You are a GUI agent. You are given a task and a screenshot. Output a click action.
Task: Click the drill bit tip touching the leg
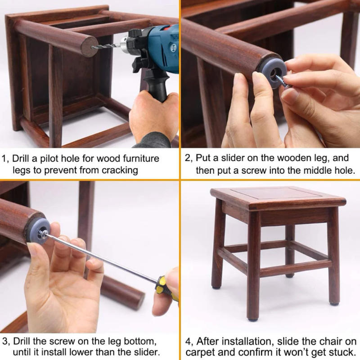point(95,46)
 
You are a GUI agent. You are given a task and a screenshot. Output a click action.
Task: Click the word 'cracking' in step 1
point(122,170)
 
